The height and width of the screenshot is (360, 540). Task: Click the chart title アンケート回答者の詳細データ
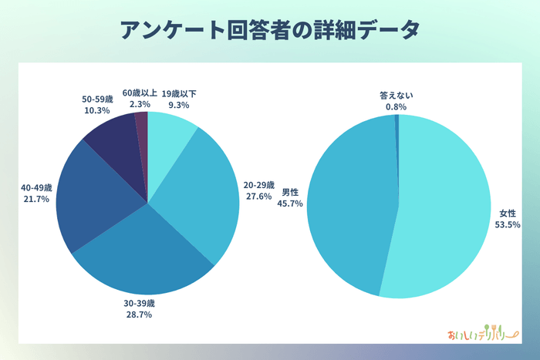270,30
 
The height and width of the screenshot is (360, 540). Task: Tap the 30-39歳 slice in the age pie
147,258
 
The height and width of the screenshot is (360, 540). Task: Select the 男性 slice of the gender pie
347,204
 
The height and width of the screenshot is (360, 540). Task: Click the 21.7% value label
36,199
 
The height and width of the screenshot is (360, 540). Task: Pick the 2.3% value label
140,104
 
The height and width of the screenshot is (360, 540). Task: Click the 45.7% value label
291,204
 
